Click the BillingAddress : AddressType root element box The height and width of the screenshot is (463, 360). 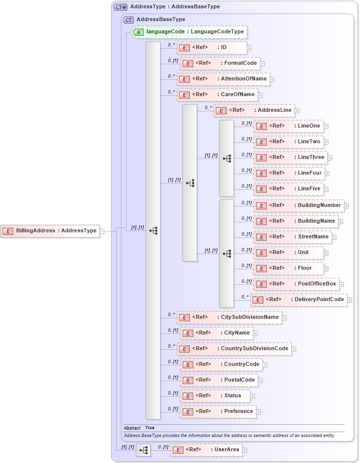pos(50,231)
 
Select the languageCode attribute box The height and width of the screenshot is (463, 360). pos(189,32)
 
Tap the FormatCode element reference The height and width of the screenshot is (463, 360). pos(220,63)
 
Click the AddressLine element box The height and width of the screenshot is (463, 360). pos(254,110)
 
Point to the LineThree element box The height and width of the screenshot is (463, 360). pos(290,157)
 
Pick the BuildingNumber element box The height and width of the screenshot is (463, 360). pos(298,206)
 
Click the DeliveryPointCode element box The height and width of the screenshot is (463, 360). pos(298,300)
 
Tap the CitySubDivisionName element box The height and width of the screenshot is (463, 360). pos(229,317)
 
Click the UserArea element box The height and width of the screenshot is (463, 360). pos(206,450)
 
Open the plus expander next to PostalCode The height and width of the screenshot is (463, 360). pos(260,380)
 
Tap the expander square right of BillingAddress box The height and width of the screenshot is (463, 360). pos(102,231)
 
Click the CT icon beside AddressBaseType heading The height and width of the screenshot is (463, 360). pos(129,20)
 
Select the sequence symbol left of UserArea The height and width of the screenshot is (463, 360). pos(143,450)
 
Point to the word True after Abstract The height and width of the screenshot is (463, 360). pos(150,428)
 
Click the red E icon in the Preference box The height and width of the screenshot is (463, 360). pos(186,412)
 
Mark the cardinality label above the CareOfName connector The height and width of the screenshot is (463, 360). pos(171,91)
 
